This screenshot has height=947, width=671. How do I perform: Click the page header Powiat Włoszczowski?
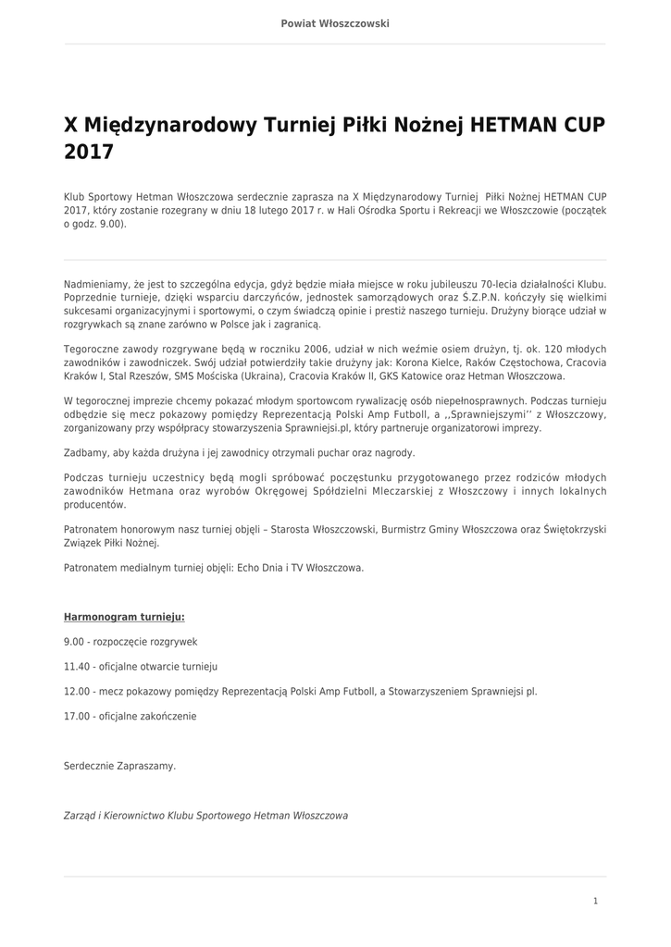pos(335,23)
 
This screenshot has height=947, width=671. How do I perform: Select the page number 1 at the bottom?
pos(595,901)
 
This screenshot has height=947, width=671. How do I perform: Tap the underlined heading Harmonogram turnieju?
pos(124,616)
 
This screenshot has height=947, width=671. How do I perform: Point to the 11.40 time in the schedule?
pos(77,666)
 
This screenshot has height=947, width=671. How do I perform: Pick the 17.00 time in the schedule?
pos(77,716)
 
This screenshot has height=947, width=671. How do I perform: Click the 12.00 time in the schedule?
pos(77,691)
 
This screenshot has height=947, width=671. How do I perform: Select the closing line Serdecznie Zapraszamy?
pos(119,766)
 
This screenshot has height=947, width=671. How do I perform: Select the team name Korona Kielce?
pos(427,363)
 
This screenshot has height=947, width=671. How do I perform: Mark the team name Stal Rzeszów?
pos(124,377)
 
